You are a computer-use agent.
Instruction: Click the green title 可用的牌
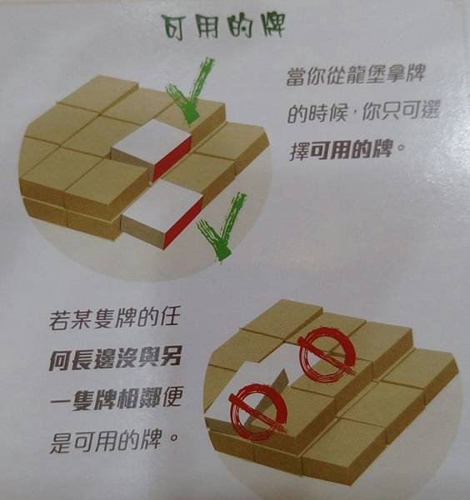(x=223, y=27)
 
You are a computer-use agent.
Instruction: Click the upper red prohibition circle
(x=327, y=353)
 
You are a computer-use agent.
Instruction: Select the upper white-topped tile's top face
(x=152, y=142)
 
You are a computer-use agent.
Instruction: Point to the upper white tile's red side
(x=172, y=157)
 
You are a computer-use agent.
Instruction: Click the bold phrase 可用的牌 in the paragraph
(x=351, y=149)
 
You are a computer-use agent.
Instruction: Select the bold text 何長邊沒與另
(x=116, y=358)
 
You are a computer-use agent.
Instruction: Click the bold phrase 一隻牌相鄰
(x=105, y=399)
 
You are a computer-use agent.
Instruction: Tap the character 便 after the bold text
(x=171, y=398)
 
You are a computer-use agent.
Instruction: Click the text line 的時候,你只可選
(x=363, y=112)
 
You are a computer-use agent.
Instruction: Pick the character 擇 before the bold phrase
(x=300, y=150)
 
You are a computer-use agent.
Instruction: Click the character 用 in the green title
(x=207, y=28)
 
